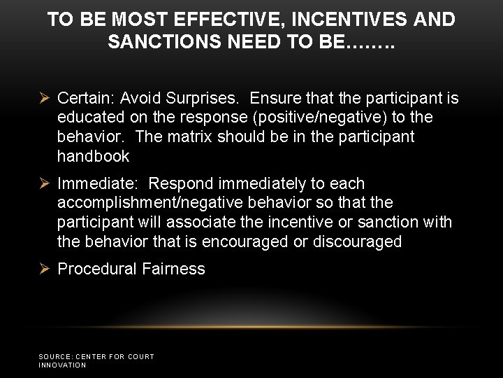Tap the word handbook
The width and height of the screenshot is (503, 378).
pos(94,155)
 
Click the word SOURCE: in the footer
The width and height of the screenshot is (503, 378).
pos(55,357)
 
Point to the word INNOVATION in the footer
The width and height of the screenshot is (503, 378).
pos(62,365)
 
